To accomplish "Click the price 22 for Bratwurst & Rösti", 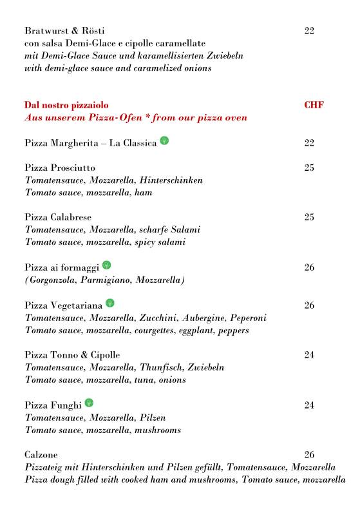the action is [x=309, y=31].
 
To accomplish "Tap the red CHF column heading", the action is [x=313, y=105].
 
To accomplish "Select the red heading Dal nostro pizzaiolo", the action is [x=66, y=105].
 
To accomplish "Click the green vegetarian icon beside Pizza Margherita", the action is [x=164, y=142].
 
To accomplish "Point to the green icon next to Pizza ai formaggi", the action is [x=106, y=265].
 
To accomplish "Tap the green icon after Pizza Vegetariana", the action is [x=110, y=303].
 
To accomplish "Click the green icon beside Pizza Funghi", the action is [x=89, y=403].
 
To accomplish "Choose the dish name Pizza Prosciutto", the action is [x=60, y=168].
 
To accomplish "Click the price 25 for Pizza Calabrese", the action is [x=309, y=217].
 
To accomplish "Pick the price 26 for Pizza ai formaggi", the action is [x=309, y=267].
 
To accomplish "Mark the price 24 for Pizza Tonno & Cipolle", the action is [x=309, y=355].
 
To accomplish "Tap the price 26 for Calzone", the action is [x=309, y=454].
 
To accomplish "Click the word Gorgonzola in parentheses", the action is [x=55, y=280].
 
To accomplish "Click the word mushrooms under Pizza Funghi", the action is [x=158, y=430].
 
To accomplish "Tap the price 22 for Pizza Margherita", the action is [x=309, y=143].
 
